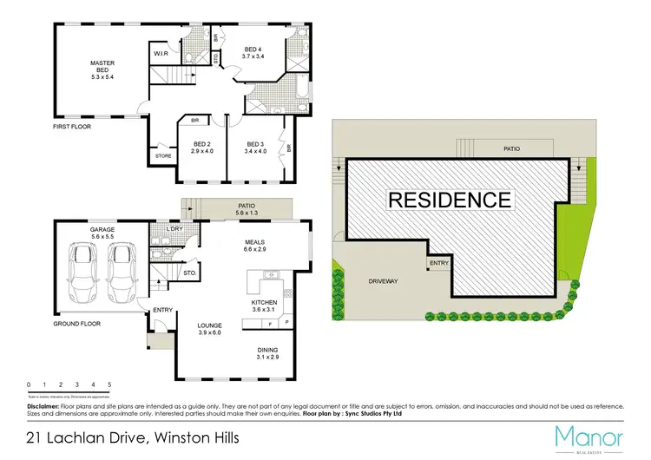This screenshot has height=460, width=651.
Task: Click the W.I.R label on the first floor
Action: [161, 54]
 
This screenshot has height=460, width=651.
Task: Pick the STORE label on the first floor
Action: [163, 156]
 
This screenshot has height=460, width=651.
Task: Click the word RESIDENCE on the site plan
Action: [449, 199]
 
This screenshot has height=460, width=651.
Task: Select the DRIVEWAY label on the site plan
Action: [383, 281]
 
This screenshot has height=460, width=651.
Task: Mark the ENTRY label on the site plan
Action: [438, 263]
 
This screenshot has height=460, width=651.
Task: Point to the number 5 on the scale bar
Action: [109, 384]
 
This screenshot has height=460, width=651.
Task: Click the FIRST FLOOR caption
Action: [71, 127]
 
